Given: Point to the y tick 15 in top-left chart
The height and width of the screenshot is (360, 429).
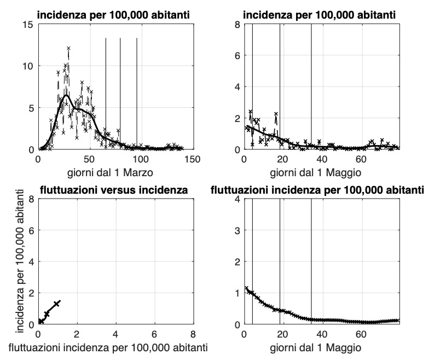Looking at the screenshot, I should pyautogui.click(x=27, y=25).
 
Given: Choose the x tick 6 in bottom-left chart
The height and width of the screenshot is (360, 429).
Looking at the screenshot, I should pyautogui.click(x=154, y=334).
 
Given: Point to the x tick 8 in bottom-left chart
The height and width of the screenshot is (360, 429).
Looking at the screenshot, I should pyautogui.click(x=193, y=334).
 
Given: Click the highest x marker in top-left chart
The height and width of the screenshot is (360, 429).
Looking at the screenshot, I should pyautogui.click(x=68, y=48).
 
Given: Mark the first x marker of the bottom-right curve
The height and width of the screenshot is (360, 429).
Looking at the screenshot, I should pyautogui.click(x=246, y=288).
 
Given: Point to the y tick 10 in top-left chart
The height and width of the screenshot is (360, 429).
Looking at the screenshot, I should pyautogui.click(x=27, y=66).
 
